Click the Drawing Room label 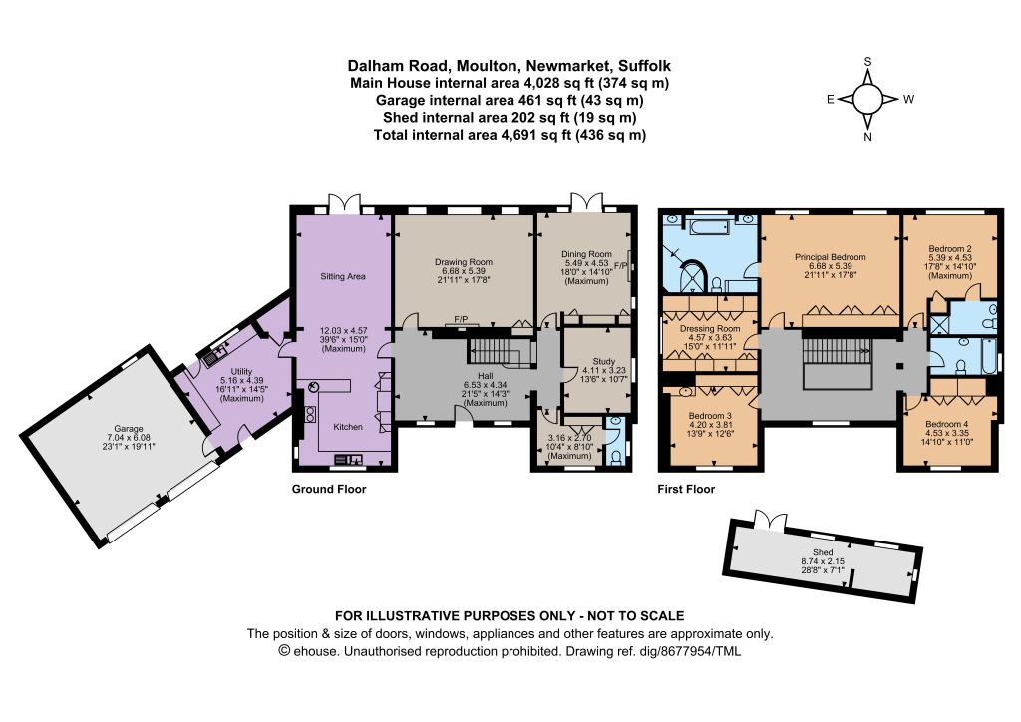(x=464, y=262)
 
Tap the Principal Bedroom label (x=831, y=257)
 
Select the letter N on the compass (x=867, y=137)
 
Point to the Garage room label (x=129, y=429)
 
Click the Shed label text (x=823, y=552)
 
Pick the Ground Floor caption (x=329, y=489)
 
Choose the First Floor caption (x=686, y=489)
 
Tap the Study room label (x=603, y=361)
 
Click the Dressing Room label (x=710, y=329)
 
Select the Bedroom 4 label (x=947, y=424)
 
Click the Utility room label (x=241, y=371)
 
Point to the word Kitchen (x=348, y=427)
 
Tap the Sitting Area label (x=343, y=276)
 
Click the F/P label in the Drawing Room (x=461, y=319)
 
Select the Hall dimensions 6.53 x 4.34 (x=486, y=385)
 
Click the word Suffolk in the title (x=644, y=65)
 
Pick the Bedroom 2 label (x=950, y=248)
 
